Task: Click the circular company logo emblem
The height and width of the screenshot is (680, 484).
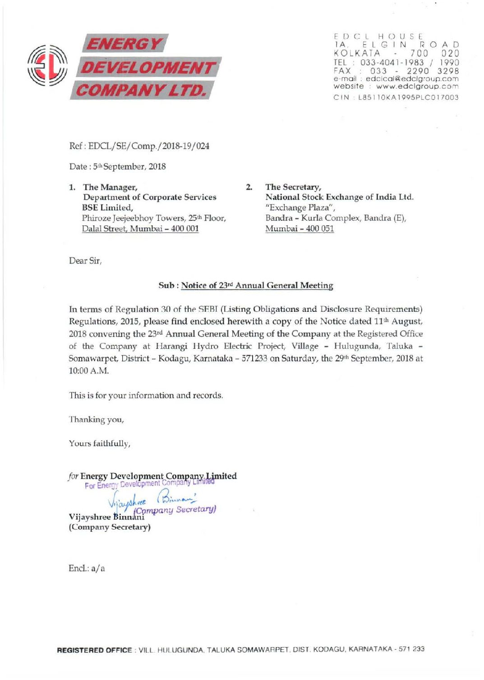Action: click(x=47, y=66)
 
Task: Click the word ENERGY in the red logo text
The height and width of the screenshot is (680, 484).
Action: click(x=124, y=44)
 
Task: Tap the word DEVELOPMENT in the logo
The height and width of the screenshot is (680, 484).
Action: click(x=147, y=68)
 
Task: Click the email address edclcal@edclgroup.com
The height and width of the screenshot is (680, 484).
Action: click(x=412, y=78)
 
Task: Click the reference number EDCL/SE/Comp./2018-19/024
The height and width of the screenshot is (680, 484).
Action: click(x=148, y=146)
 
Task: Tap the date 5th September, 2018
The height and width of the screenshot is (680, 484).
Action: click(x=129, y=167)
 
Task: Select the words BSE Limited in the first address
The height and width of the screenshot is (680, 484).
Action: click(x=107, y=208)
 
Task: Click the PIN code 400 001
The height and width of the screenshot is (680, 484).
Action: click(x=184, y=229)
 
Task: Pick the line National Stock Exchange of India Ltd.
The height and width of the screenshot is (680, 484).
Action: click(x=339, y=197)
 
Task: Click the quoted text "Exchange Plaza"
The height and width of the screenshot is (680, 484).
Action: click(x=300, y=208)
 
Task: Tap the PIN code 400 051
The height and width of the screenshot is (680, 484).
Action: click(x=320, y=229)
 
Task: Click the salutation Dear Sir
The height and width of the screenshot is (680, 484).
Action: click(x=85, y=261)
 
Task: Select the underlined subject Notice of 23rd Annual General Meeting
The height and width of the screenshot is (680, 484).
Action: click(x=257, y=286)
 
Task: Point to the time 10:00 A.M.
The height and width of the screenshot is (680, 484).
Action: click(x=89, y=371)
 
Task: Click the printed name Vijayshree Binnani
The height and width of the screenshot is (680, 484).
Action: click(x=106, y=517)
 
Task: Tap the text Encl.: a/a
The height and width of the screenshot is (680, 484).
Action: click(x=87, y=568)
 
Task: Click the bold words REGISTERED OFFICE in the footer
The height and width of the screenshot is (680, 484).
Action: click(x=94, y=650)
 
